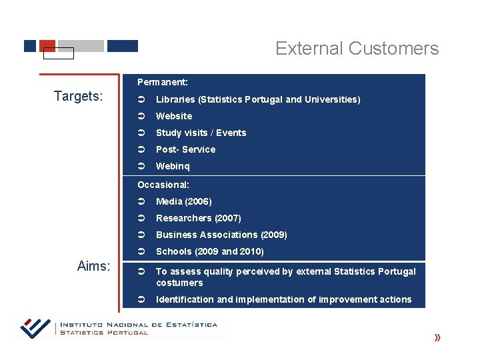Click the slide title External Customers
tap(357, 49)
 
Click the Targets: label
tap(79, 96)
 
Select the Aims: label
tap(93, 266)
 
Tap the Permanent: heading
tap(163, 82)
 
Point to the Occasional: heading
tap(163, 185)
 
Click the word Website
tap(174, 116)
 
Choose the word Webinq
tap(173, 166)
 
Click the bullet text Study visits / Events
tap(201, 133)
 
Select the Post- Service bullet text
tap(185, 149)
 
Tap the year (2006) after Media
tap(199, 201)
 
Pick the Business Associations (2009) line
tap(221, 235)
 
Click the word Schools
tap(173, 251)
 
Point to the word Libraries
tap(175, 99)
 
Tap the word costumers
tap(179, 283)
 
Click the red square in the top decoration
tap(47, 45)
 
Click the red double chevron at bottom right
tap(437, 338)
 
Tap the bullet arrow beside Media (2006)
tap(141, 201)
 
